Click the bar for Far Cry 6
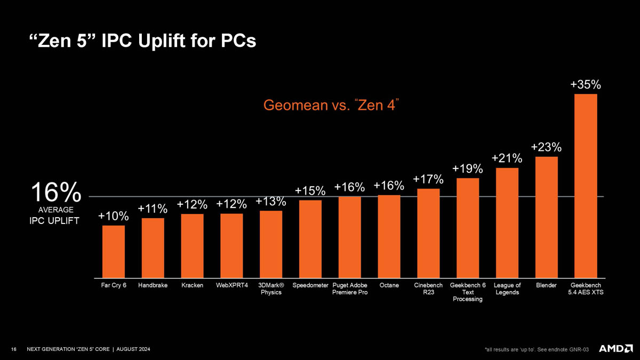(114, 251)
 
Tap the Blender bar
(546, 217)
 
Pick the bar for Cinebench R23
(428, 233)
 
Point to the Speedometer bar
(310, 239)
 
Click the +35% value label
(586, 84)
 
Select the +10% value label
(114, 216)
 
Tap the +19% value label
(468, 169)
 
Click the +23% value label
(546, 147)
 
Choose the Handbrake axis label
(153, 286)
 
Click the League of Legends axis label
(507, 289)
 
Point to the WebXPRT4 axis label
(232, 286)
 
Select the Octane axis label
(389, 286)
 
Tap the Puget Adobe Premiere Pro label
(350, 289)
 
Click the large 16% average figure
(55, 192)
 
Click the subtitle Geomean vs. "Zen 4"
(332, 106)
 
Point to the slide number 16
(14, 349)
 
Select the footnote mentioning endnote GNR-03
(537, 349)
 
